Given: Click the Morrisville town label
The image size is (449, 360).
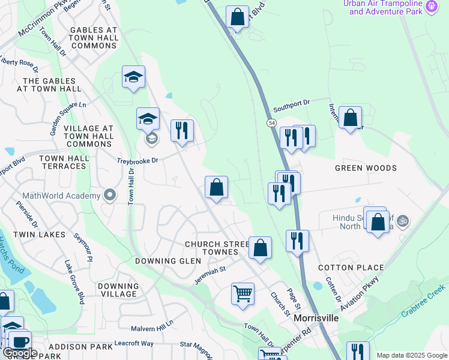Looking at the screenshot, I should coord(316,318).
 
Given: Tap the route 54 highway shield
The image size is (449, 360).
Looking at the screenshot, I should coord(272,122).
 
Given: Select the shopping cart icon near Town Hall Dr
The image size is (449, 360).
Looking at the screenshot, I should coord(243,294).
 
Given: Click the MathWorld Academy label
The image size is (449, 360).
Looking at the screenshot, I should coord(61,196).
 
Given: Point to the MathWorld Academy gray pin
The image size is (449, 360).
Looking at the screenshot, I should coord(109,196).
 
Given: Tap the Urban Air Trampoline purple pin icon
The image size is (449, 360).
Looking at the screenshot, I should coord(432,7).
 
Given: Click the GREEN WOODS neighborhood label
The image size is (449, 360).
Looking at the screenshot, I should coord(366,169).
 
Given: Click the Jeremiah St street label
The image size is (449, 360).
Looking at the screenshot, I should coord(209,274).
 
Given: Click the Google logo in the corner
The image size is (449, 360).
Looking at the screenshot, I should coord(20,353).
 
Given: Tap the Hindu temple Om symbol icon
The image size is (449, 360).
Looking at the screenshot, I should coord(402,220).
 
